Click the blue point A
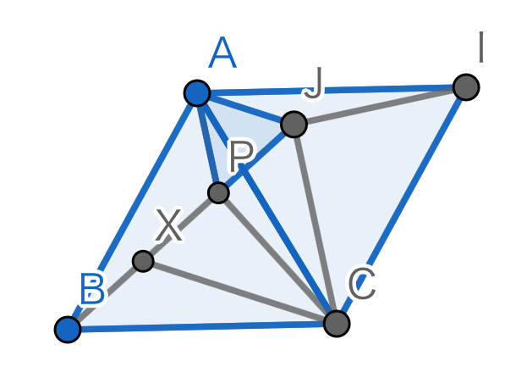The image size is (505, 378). click(197, 93)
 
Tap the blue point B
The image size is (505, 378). click(68, 329)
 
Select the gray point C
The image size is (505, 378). click(337, 324)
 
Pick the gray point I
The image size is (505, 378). click(466, 87)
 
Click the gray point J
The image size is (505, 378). click(294, 125)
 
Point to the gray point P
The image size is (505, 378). click(219, 192)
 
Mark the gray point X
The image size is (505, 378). click(143, 261)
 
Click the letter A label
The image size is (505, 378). click(222, 53)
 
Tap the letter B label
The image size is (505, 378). click(93, 289)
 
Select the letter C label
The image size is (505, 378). click(362, 283)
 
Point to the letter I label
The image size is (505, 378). click(481, 47)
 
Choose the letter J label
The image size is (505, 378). click(313, 83)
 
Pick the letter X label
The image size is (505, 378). click(169, 225)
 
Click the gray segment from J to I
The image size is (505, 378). click(380, 106)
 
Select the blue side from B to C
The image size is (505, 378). click(202, 326)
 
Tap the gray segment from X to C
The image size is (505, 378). click(239, 292)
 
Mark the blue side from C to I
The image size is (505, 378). click(401, 206)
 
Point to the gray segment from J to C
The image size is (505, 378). click(316, 224)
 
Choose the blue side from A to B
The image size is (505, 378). click(132, 211)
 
